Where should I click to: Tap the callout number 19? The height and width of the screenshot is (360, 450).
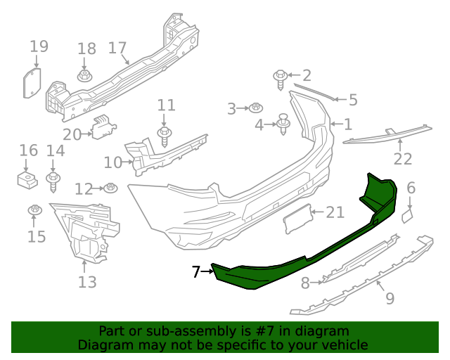click(x=39, y=47)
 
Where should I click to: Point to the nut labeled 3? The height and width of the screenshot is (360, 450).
click(x=256, y=108)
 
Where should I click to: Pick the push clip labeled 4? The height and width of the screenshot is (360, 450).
click(x=284, y=124)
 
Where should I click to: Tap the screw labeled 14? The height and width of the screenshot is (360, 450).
click(x=53, y=181)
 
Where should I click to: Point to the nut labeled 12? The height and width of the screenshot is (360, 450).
click(x=110, y=188)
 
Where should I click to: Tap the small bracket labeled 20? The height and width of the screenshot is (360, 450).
click(x=103, y=127)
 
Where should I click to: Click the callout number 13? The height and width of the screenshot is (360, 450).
click(x=87, y=283)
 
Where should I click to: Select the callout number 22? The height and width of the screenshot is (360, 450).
click(x=402, y=160)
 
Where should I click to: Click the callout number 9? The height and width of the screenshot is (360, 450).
click(x=390, y=298)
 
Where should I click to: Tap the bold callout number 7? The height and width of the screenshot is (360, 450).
click(x=196, y=271)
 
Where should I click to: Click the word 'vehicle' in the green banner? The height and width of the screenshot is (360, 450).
click(x=344, y=345)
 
